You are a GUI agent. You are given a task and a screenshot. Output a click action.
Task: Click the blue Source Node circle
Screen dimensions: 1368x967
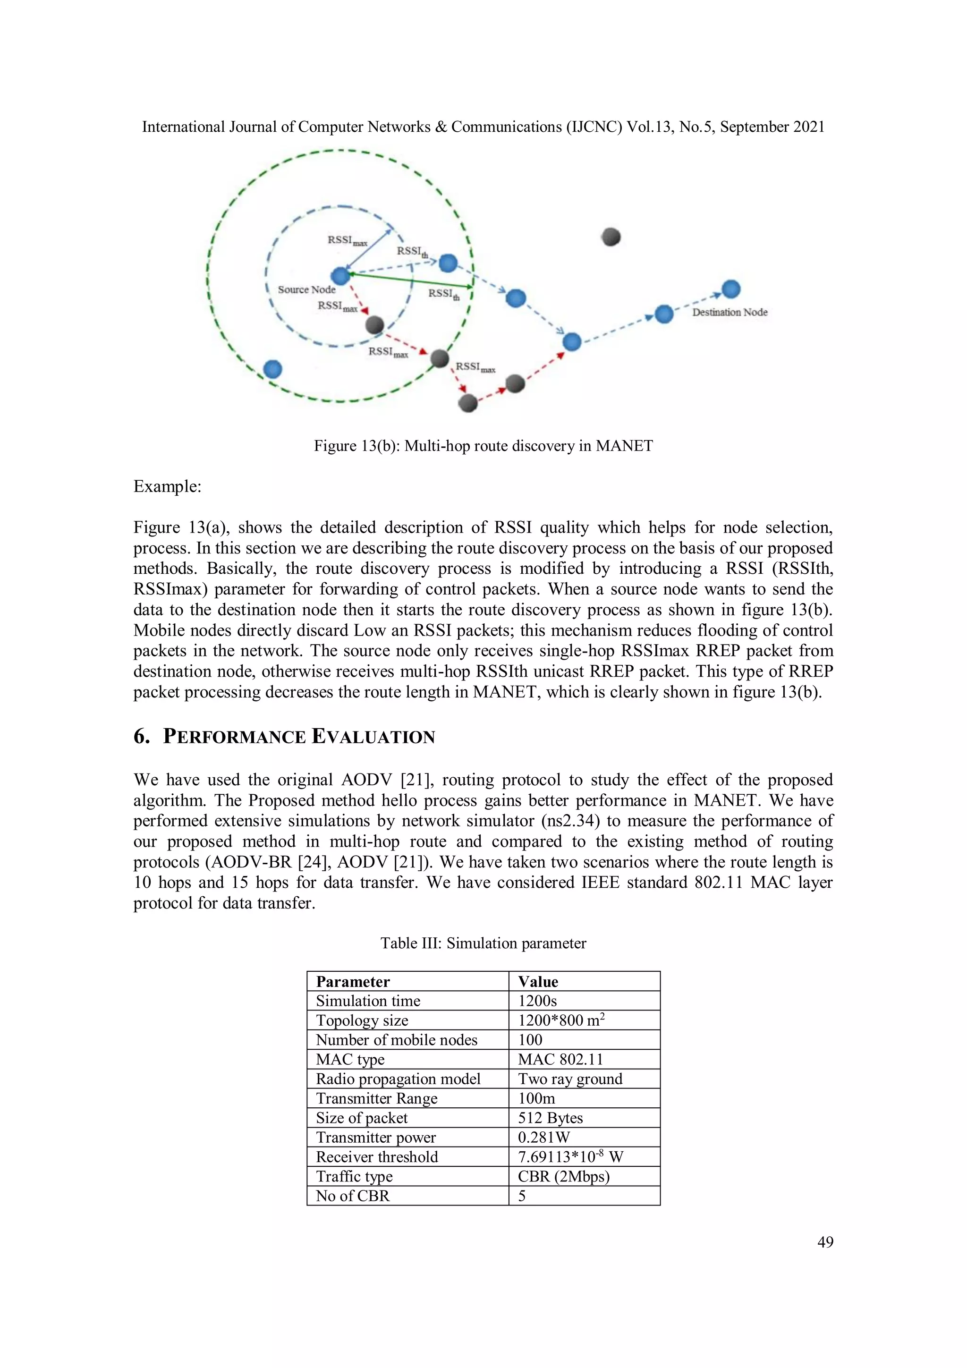tap(340, 276)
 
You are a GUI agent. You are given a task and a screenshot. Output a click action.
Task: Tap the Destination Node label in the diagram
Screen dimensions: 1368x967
tap(729, 312)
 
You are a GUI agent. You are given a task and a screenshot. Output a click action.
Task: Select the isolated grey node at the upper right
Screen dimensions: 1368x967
tap(611, 237)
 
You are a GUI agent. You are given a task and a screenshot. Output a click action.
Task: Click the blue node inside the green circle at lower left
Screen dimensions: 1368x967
tap(272, 369)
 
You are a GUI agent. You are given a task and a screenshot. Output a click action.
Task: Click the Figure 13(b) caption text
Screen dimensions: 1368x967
tap(483, 446)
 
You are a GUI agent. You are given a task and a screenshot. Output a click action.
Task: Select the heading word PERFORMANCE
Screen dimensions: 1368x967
tap(234, 737)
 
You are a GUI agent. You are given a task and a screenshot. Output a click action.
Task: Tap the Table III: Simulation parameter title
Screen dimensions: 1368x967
tap(483, 943)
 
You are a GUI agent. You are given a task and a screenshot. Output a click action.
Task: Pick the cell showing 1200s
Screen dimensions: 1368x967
tap(537, 1001)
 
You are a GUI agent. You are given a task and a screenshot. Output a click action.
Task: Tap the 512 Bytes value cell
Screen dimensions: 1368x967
tap(550, 1118)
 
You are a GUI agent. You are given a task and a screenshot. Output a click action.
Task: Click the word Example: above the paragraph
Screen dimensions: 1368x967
tap(168, 486)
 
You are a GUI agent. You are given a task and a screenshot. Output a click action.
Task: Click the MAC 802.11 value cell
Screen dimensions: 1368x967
tap(560, 1059)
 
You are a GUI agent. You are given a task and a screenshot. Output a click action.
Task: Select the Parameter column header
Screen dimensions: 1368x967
tap(353, 982)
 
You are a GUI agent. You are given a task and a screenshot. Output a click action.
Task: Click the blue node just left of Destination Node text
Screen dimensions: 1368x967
tap(664, 314)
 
